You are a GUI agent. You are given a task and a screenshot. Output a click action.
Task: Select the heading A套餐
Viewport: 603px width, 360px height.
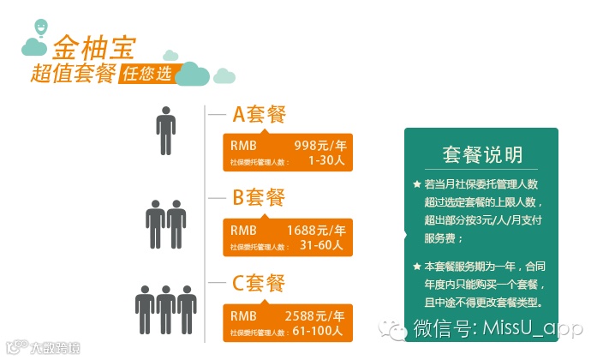click(259, 115)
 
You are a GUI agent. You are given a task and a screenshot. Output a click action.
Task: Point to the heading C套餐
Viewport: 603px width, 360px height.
click(259, 283)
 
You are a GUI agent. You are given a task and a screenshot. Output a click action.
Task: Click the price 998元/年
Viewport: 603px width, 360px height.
click(319, 144)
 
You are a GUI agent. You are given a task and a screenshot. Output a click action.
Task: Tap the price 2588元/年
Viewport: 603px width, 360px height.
click(314, 315)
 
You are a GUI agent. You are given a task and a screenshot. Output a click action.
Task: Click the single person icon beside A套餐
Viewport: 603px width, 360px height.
click(164, 130)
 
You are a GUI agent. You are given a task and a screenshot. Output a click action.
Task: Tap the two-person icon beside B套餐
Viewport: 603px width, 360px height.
click(166, 225)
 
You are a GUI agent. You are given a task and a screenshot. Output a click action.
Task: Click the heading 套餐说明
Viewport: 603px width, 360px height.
click(482, 155)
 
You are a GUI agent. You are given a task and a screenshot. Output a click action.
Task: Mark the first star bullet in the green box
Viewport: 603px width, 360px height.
click(416, 185)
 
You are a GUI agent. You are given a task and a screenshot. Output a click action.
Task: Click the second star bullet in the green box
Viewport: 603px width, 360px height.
click(416, 267)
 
